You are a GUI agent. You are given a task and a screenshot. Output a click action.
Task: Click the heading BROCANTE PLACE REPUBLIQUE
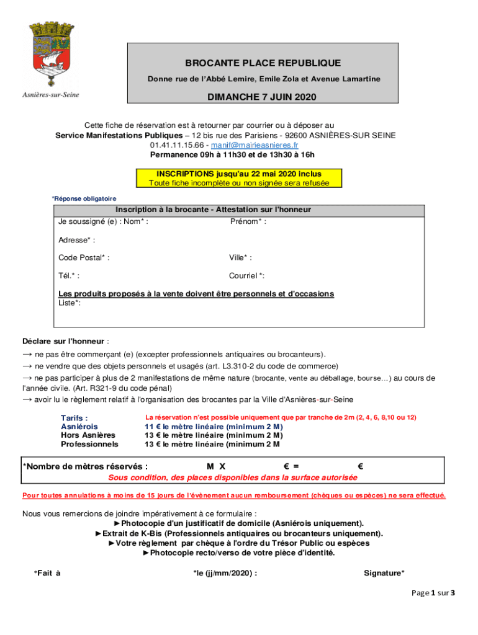coord(263,63)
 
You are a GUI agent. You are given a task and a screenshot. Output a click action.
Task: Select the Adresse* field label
coord(77,239)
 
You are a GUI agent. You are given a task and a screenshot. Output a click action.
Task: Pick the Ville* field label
coord(240,257)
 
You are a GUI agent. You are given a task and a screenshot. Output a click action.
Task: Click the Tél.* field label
coord(69,276)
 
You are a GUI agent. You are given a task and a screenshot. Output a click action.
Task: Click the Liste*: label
coord(70,303)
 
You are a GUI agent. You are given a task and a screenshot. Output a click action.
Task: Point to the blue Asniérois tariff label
coord(79,427)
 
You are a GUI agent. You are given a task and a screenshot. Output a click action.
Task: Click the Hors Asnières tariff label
coord(88,435)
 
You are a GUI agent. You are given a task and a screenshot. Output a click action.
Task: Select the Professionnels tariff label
coord(89,444)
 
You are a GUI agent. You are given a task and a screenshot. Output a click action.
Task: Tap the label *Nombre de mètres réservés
coord(86,466)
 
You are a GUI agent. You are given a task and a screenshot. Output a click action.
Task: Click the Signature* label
coord(384,573)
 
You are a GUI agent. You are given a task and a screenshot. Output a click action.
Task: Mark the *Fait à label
coord(47,573)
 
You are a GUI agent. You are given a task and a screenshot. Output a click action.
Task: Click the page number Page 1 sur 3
coord(433,593)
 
